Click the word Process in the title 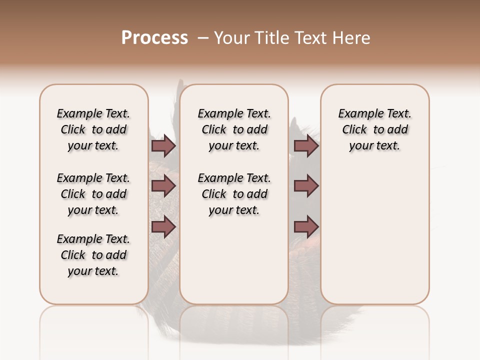tap(154, 38)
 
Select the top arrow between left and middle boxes tap(163, 146)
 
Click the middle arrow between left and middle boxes tap(163, 186)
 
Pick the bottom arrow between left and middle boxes tap(163, 227)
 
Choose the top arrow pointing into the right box tap(306, 146)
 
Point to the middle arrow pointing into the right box tap(306, 186)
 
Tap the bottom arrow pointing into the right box tap(306, 227)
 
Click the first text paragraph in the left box tap(93, 129)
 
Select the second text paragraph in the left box tap(93, 194)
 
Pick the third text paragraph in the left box tap(93, 255)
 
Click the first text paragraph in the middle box tap(234, 129)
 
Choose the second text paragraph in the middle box tap(234, 194)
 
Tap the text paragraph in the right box tap(374, 129)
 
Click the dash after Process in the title tap(203, 38)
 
